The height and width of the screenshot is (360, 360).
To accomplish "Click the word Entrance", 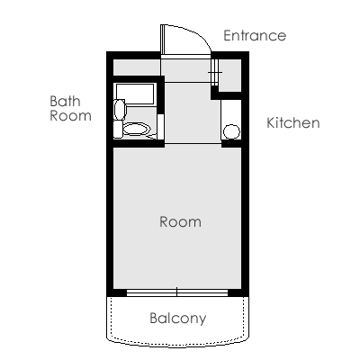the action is (x=255, y=35).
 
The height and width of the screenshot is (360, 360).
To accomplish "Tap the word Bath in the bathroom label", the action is (x=65, y=102).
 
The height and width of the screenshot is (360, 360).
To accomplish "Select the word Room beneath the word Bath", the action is (x=70, y=116).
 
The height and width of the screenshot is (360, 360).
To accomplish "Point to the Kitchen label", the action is (x=293, y=123).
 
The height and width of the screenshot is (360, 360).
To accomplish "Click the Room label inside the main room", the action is (x=180, y=221).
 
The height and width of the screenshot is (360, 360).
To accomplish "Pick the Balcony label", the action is (x=178, y=319).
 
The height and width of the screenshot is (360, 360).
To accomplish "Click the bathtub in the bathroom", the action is (x=135, y=94).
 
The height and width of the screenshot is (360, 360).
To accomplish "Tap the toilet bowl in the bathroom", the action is (x=137, y=130).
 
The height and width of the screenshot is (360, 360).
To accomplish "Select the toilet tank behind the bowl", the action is (x=118, y=130).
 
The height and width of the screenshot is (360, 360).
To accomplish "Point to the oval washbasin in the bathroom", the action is (x=120, y=110).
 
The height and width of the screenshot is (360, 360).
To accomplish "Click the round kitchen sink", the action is (x=231, y=131).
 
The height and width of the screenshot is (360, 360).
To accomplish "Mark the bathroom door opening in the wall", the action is (x=160, y=127).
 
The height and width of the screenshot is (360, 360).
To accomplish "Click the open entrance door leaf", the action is (x=162, y=40).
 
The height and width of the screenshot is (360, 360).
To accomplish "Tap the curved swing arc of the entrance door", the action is (x=194, y=32).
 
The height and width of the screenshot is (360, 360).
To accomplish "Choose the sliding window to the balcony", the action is (x=177, y=292).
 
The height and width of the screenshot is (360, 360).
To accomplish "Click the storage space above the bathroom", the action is (x=137, y=67).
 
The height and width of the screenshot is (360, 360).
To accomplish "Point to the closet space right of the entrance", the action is (x=229, y=76).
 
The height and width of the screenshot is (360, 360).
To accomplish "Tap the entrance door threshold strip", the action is (x=186, y=57).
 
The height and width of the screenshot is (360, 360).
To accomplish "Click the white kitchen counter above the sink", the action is (x=231, y=112).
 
